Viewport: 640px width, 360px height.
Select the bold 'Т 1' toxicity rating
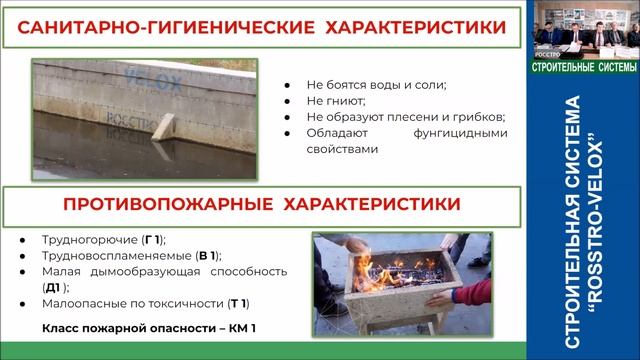[237, 303]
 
